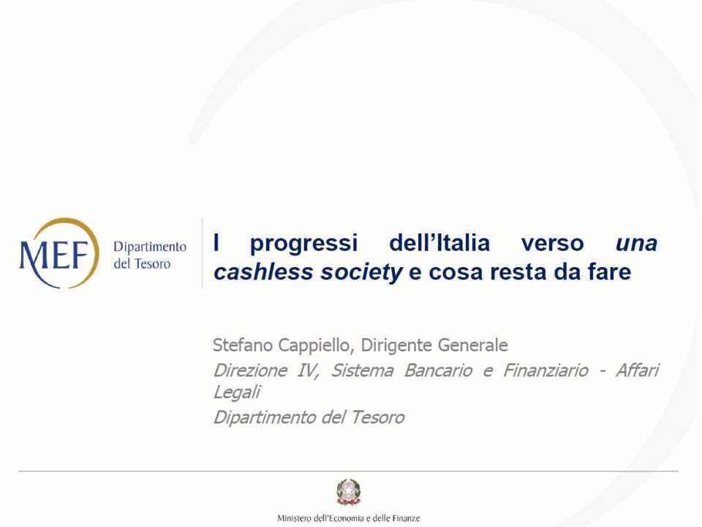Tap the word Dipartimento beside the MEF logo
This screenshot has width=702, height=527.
[x=150, y=247]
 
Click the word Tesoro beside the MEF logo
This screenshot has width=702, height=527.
[x=152, y=263]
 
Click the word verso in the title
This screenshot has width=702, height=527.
[x=553, y=242]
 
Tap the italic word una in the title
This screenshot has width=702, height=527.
[x=636, y=242]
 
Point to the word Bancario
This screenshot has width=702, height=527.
[x=438, y=370]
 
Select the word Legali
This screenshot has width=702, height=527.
[x=236, y=393]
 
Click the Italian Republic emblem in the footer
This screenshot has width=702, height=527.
[x=349, y=492]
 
